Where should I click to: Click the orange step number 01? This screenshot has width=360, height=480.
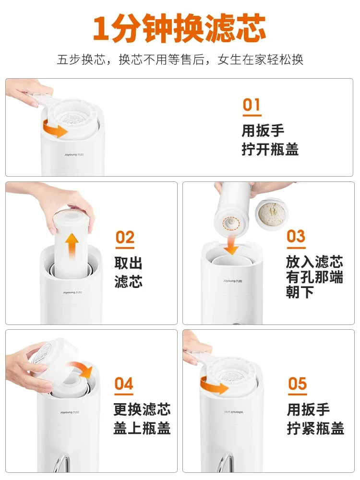coord(252,105)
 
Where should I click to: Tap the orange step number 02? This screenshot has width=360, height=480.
coord(125,238)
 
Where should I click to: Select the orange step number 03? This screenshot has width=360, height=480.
coord(296,236)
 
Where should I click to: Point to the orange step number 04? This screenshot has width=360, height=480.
coord(124,384)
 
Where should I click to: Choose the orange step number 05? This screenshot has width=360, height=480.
coord(297,384)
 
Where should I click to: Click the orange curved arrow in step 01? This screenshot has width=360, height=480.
coord(55,129)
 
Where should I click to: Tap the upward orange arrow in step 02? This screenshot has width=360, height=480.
coord(72,245)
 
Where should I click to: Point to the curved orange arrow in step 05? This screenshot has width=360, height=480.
coord(214,385)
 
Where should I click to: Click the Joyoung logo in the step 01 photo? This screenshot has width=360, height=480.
coord(74,155)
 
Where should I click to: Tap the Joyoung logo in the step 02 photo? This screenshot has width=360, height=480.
coord(72,293)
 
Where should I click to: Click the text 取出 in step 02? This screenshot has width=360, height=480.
coord(129,263)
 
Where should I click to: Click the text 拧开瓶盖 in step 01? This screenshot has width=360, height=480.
coord(270,149)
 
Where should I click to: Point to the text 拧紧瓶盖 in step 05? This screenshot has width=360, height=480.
coord(316,428)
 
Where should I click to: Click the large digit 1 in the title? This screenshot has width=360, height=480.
coord(101,29)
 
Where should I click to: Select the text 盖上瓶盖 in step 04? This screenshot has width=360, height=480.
coord(142,428)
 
